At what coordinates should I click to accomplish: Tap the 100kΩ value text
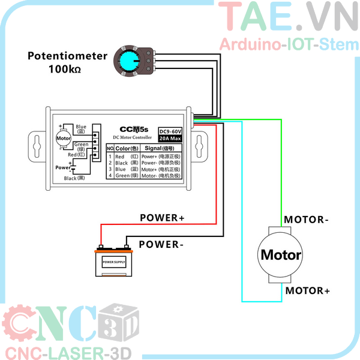pos(65,69)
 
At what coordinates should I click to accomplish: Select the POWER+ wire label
pos(162,218)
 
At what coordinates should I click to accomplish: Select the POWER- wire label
pos(161,244)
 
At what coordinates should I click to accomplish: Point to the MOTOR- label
pos(306,220)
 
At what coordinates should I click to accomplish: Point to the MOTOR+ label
pos(307,291)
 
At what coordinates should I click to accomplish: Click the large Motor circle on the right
pos(280,255)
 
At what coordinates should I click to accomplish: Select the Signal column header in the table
pos(160,148)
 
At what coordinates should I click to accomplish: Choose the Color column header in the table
pos(127,148)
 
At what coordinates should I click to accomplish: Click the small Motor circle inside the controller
pos(64,138)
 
